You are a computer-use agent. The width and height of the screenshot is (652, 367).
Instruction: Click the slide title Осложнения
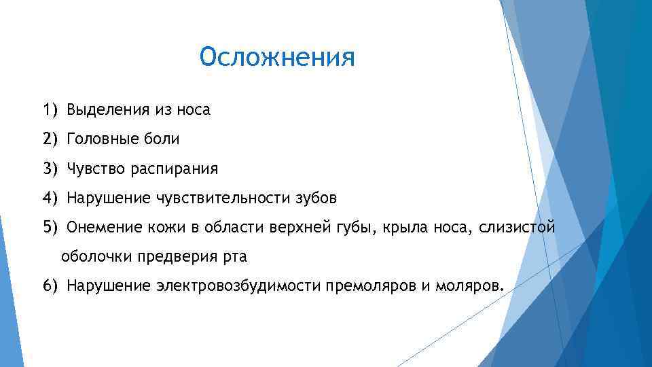[x=277, y=57]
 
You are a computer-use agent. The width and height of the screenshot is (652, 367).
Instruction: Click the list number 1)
[x=50, y=109]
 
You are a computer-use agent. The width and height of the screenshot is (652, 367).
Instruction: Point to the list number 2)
[x=50, y=139]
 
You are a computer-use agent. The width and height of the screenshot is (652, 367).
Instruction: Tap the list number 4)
[x=50, y=198]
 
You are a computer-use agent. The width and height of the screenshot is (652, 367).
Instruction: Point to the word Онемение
[x=101, y=227]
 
